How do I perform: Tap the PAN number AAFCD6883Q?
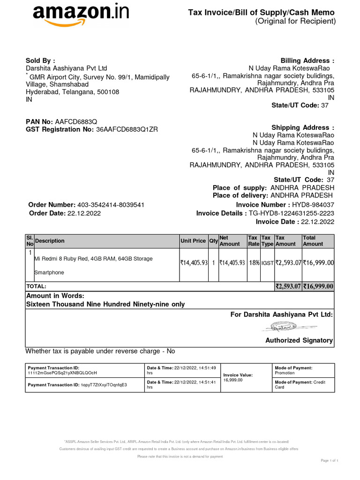[76, 122]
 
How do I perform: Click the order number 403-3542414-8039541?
[110, 205]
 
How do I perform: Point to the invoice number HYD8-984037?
[313, 205]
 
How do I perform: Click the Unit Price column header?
[193, 241]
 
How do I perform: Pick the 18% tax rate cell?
[254, 263]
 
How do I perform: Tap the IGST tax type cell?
[267, 263]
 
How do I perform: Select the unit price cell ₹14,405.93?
[194, 263]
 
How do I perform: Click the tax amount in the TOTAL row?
[288, 286]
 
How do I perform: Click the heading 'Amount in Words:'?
[55, 296]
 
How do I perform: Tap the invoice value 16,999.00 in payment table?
[233, 380]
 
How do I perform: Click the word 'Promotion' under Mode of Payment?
[285, 373]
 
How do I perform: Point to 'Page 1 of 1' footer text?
[330, 461]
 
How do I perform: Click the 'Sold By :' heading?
[40, 61]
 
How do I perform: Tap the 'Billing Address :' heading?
[307, 61]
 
